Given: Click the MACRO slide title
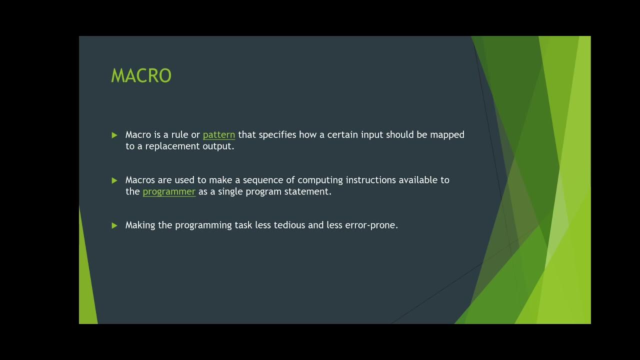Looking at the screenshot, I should click(x=141, y=76).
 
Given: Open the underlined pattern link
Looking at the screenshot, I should click(x=219, y=135).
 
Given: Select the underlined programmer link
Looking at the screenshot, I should click(x=169, y=191).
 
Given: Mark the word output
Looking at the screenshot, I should click(x=218, y=146).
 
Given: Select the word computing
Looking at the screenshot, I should click(x=320, y=180).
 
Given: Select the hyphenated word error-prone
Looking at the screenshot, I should click(x=371, y=225).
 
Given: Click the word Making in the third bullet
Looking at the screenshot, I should click(x=140, y=225).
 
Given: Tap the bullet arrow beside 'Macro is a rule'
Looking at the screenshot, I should click(x=114, y=135).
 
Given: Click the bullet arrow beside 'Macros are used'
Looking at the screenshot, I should click(x=114, y=180).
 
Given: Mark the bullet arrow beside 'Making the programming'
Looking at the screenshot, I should click(x=114, y=225).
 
